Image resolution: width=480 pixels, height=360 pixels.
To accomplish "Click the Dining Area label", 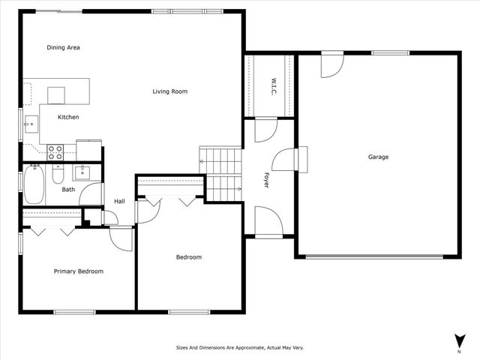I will [63, 48].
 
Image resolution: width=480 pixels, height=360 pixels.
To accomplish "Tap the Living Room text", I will [169, 91].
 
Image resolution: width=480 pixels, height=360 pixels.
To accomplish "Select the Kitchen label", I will [68, 117].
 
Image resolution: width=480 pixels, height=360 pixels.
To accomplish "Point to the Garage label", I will [378, 157].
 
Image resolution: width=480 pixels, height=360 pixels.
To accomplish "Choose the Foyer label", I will [265, 179].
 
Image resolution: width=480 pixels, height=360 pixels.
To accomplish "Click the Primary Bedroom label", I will [78, 271].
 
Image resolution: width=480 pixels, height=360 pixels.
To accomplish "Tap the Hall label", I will [119, 201].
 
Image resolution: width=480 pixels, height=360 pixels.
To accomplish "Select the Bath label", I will [68, 190].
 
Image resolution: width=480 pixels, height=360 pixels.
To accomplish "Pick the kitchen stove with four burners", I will [55, 152].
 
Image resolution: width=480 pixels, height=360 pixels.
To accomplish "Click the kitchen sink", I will [31, 124].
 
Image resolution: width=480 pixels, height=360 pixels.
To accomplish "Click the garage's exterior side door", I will [331, 64].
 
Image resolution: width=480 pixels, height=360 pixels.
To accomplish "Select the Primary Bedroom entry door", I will [121, 238].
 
